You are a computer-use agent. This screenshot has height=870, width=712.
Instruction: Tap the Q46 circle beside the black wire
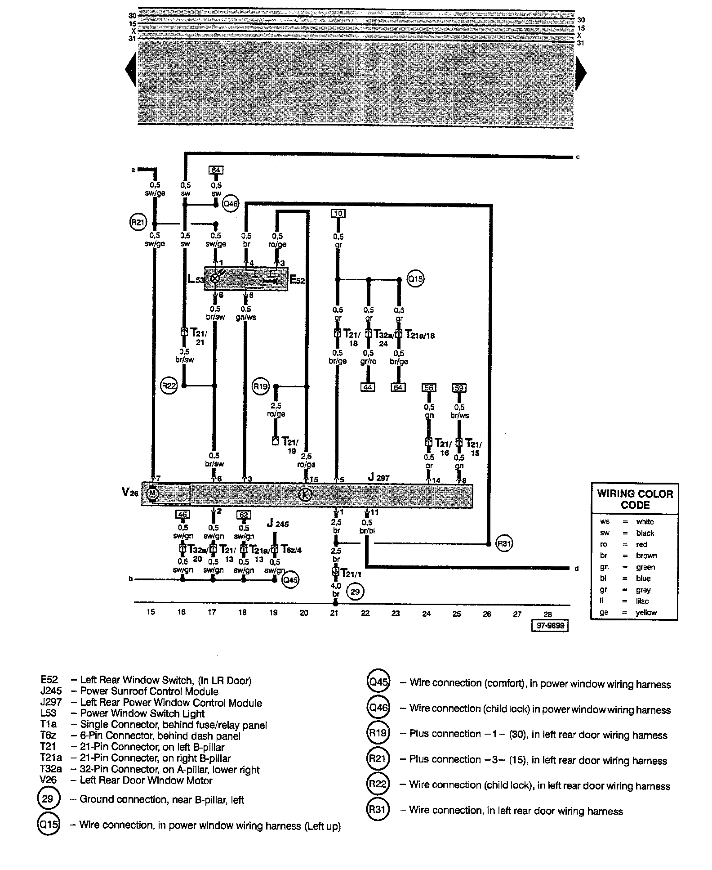230,204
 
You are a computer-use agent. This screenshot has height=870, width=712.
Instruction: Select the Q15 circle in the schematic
416,279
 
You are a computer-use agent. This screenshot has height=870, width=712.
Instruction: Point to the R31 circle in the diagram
504,543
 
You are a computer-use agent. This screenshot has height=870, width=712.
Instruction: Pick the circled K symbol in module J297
305,495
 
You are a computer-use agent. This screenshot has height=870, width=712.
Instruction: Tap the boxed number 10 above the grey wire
338,213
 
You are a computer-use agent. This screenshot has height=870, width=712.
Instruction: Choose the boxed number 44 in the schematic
368,387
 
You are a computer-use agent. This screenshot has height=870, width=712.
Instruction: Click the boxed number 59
459,387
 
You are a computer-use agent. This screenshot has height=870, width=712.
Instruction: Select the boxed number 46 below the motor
182,515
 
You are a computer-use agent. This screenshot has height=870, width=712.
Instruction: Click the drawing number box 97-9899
549,626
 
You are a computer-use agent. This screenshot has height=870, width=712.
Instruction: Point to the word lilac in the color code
643,601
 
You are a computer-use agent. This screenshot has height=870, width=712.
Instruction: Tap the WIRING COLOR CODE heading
635,499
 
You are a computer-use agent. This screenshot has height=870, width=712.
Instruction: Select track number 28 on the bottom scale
547,614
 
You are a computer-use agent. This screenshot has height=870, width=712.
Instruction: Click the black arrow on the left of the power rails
130,69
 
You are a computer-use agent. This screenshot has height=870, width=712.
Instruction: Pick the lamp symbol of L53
215,278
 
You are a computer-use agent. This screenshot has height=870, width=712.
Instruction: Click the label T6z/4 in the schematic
291,549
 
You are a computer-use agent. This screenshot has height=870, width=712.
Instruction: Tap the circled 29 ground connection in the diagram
355,592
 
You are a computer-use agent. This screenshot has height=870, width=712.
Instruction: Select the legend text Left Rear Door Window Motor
146,780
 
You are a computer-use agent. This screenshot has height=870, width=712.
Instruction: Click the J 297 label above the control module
378,478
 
